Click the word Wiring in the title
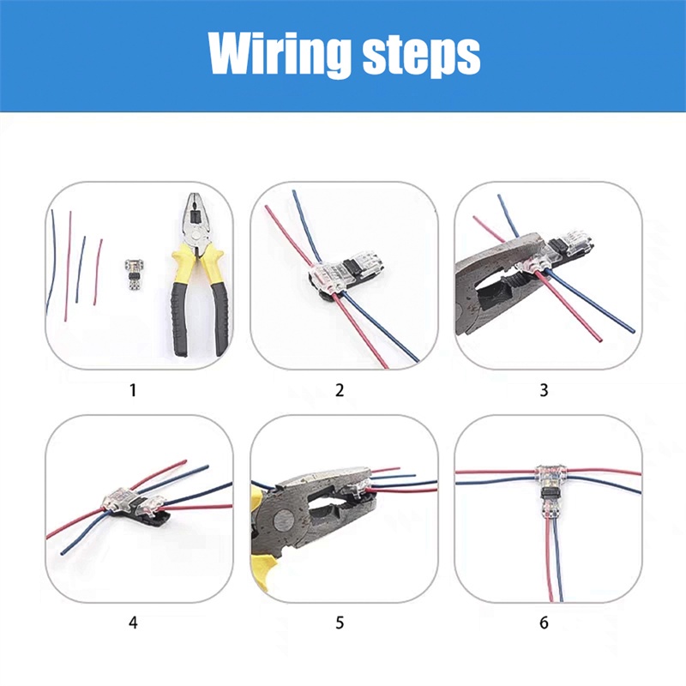pyautogui.click(x=280, y=55)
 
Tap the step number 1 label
pyautogui.click(x=133, y=390)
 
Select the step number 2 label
pyautogui.click(x=340, y=390)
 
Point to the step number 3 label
pyautogui.click(x=544, y=390)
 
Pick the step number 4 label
pyautogui.click(x=133, y=623)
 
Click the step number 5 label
pyautogui.click(x=340, y=623)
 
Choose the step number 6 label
pyautogui.click(x=544, y=623)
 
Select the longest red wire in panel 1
pyautogui.click(x=68, y=266)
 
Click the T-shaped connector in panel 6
pyautogui.click(x=551, y=491)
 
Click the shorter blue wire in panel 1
pyautogui.click(x=80, y=269)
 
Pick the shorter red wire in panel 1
pyautogui.click(x=98, y=272)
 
